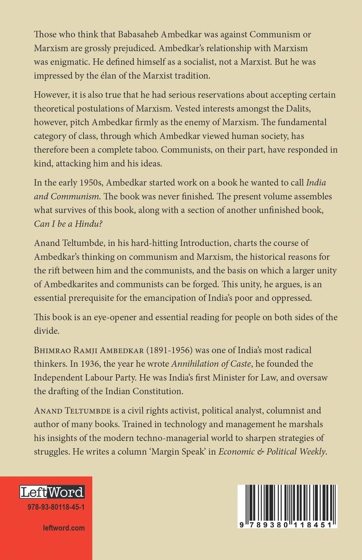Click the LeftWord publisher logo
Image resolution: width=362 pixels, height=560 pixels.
click(x=52, y=492)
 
